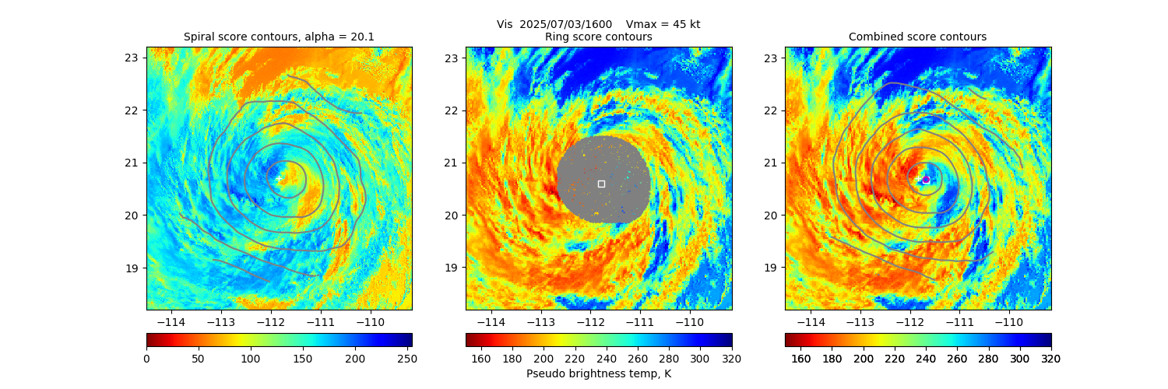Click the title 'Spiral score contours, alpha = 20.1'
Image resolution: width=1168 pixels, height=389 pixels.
click(279, 37)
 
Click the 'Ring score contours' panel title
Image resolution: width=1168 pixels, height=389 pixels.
click(598, 37)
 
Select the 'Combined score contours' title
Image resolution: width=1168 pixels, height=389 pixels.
click(917, 37)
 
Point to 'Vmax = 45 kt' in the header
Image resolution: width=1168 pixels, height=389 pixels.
click(664, 24)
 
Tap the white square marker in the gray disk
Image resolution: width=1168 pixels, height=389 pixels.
click(601, 184)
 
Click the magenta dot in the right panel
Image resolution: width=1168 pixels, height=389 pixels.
click(926, 180)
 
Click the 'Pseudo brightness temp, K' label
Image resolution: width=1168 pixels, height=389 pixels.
click(598, 373)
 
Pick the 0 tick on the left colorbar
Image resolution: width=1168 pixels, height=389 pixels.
click(147, 359)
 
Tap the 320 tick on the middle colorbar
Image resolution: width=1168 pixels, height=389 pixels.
click(731, 359)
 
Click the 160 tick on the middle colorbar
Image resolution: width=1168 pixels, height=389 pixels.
click(481, 359)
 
